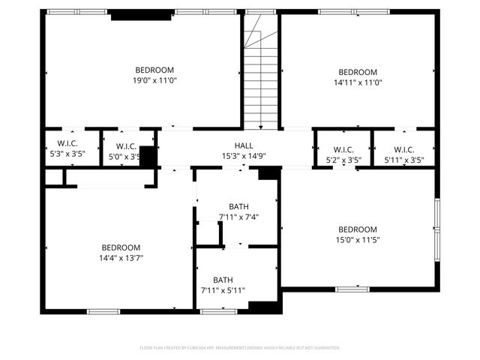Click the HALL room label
click(244, 146)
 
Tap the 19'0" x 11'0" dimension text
click(155, 80)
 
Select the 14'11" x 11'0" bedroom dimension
click(357, 83)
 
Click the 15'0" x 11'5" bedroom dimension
click(357, 240)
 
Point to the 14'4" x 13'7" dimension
click(121, 258)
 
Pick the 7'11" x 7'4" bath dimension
click(238, 217)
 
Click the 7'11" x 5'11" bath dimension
click(223, 290)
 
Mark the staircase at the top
click(261, 75)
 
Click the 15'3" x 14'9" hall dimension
click(244, 157)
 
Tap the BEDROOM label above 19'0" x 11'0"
click(154, 70)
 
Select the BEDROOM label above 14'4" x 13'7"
click(121, 247)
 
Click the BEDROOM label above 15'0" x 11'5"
click(357, 229)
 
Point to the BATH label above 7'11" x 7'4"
click(238, 206)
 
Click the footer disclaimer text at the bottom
click(240, 348)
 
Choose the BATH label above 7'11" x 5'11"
click(223, 280)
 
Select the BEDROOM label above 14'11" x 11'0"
click(357, 73)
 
